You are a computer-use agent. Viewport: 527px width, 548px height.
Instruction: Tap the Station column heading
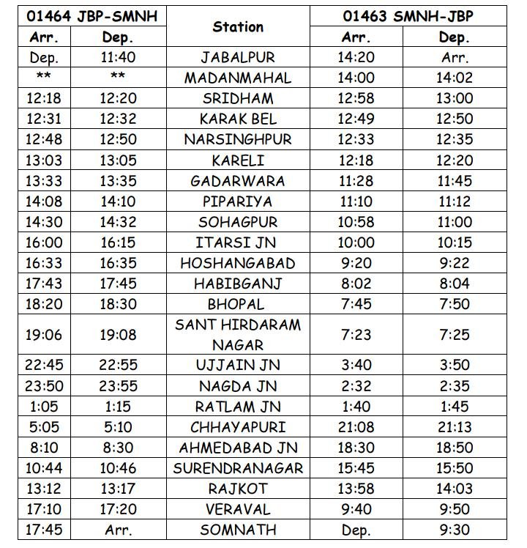(x=238, y=26)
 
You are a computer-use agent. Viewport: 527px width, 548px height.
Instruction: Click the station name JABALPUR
(x=238, y=57)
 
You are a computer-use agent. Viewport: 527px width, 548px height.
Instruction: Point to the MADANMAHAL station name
(x=238, y=78)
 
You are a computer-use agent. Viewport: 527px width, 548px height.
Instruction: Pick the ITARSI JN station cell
(x=238, y=242)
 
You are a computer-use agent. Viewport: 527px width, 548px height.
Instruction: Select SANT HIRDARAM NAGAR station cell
(x=238, y=334)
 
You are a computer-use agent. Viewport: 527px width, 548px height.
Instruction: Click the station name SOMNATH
(x=238, y=530)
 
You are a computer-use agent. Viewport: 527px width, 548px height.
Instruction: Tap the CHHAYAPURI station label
(x=238, y=427)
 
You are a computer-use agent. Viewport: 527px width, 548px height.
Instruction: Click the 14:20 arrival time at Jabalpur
(x=356, y=57)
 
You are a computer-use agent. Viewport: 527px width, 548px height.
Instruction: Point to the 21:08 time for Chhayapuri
(x=356, y=427)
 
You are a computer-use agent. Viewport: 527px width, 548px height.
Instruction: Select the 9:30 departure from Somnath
(x=455, y=530)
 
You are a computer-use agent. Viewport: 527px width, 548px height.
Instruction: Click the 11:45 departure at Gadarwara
(x=455, y=181)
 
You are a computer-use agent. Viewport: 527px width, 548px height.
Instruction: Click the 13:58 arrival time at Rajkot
(x=356, y=489)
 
